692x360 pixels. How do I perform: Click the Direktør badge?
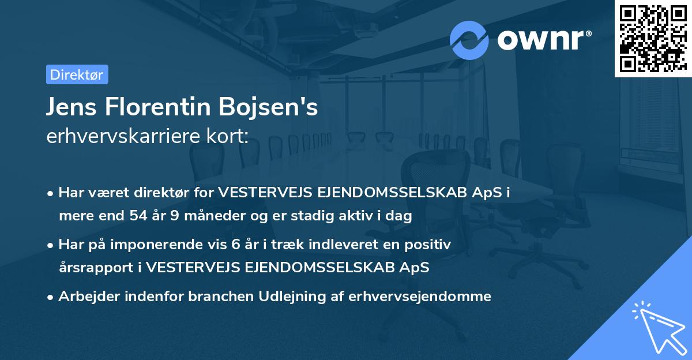(77, 74)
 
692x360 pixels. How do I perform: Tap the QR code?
(653, 38)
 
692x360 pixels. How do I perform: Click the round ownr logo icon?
(469, 40)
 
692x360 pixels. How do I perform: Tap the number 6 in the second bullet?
(235, 245)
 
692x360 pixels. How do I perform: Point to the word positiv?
(429, 245)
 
